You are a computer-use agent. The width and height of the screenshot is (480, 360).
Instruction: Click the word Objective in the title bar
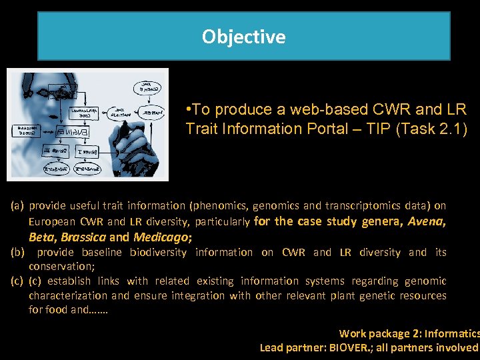(243, 37)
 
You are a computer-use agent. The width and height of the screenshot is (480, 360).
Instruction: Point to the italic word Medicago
(161, 237)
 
